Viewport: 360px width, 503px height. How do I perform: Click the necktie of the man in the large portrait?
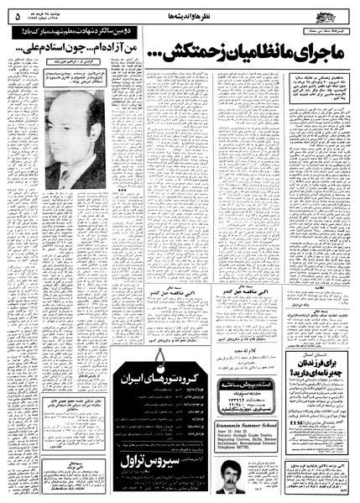click(x=69, y=179)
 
